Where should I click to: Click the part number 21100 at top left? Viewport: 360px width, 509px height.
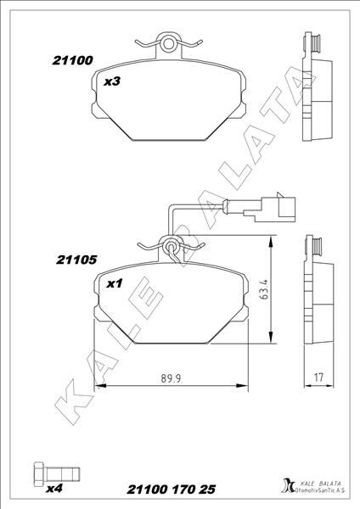tap(71, 61)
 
